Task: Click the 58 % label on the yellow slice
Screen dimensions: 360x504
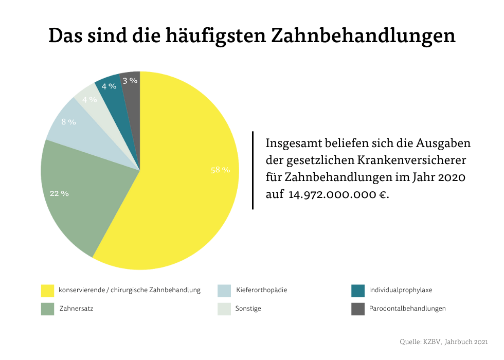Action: (x=220, y=170)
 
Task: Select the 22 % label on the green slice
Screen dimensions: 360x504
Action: (x=59, y=194)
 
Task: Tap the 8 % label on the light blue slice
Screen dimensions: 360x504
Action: (x=68, y=122)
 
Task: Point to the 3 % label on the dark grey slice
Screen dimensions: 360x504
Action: (x=130, y=80)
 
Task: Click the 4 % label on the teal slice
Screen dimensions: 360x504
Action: (x=109, y=86)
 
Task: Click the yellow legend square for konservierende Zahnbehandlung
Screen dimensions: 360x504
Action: (x=47, y=291)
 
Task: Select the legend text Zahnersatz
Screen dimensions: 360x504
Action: (x=76, y=309)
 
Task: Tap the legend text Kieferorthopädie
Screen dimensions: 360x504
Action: (x=261, y=290)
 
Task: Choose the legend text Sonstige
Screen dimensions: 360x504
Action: (x=248, y=309)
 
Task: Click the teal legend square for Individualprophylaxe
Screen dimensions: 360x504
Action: (x=358, y=291)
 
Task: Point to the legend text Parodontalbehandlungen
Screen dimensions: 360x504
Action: (x=407, y=309)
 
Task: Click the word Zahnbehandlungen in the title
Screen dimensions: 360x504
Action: (x=363, y=36)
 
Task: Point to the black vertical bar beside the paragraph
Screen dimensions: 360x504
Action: (x=253, y=170)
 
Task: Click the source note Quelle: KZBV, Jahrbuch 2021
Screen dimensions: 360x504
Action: (x=443, y=341)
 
